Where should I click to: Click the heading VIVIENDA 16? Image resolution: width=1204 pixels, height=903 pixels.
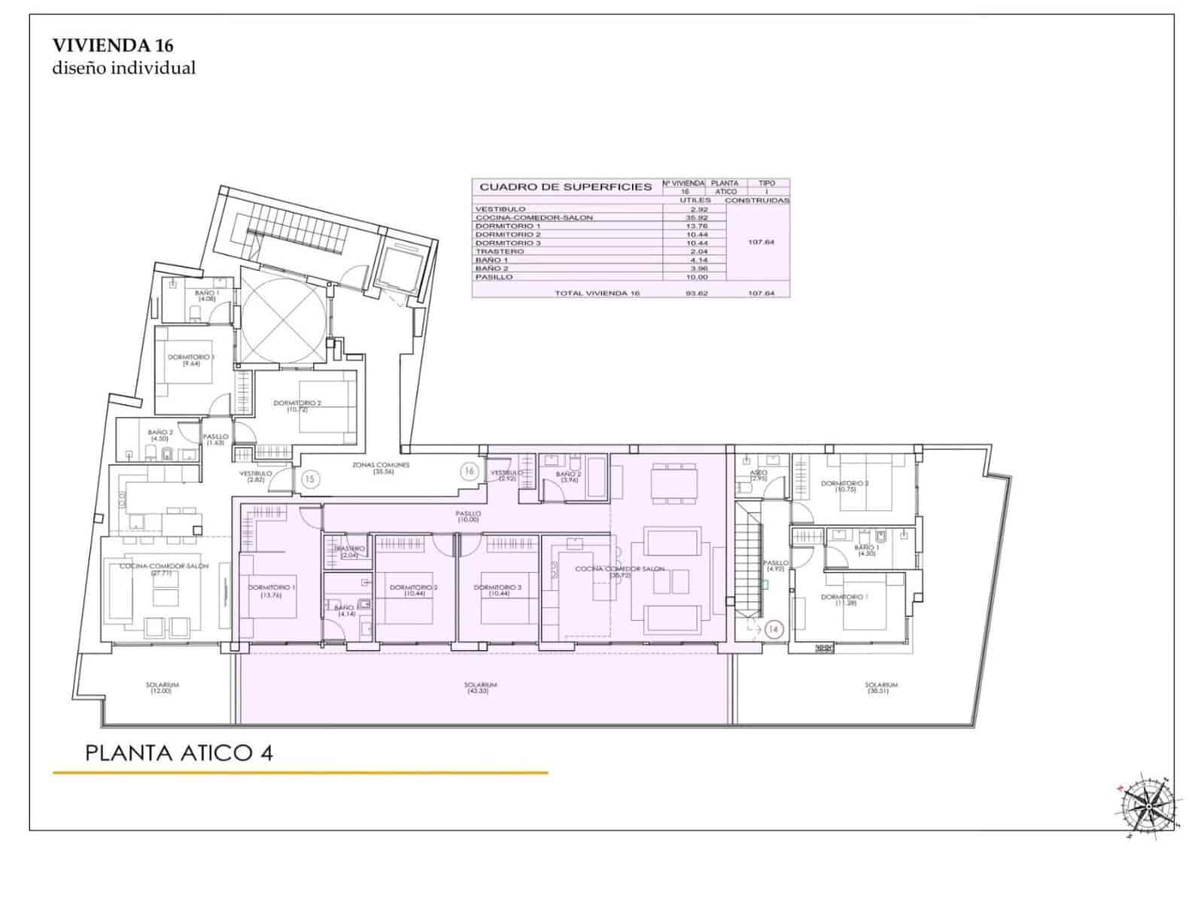click(x=113, y=45)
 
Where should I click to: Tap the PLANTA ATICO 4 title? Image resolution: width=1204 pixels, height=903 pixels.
click(x=178, y=753)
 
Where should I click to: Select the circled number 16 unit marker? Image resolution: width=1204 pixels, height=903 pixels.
click(x=470, y=472)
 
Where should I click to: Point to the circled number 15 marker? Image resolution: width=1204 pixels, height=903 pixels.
click(x=310, y=478)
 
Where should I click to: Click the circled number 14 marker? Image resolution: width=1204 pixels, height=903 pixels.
click(x=774, y=629)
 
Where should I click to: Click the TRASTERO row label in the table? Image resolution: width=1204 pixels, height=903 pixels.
click(x=494, y=251)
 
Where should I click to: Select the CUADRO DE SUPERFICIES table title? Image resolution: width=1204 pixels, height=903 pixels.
click(x=565, y=187)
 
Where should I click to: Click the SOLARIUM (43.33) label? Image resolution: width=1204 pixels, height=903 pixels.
click(x=481, y=688)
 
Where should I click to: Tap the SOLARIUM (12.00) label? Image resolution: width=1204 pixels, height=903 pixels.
click(x=162, y=688)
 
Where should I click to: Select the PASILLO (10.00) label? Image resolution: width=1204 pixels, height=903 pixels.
click(x=467, y=516)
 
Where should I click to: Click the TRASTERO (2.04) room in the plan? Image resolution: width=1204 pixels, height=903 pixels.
click(x=348, y=552)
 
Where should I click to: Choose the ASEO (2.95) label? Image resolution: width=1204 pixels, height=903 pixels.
click(x=759, y=475)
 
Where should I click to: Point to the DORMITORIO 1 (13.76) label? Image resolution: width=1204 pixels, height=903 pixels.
click(x=271, y=590)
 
